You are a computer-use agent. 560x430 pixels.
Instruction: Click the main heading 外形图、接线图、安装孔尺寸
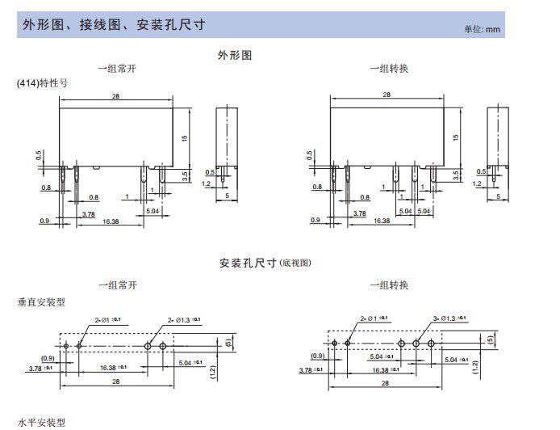coord(113,24)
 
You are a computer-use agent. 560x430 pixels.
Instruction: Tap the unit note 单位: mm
coord(483,29)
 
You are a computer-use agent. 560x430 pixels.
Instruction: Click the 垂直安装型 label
coord(41,301)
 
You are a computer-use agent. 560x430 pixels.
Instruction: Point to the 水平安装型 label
coord(41,422)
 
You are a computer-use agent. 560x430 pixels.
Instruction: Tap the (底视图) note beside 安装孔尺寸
coord(295,263)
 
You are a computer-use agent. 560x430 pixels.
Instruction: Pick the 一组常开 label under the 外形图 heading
coord(117,69)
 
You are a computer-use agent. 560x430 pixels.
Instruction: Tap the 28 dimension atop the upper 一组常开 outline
coord(118,95)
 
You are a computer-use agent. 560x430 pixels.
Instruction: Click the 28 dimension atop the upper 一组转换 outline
coord(387,95)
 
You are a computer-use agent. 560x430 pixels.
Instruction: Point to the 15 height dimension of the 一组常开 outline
coord(185,138)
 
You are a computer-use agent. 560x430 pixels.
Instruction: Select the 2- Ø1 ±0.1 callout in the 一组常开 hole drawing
coord(107,320)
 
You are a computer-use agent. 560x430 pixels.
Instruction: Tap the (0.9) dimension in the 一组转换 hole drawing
coord(317,356)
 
